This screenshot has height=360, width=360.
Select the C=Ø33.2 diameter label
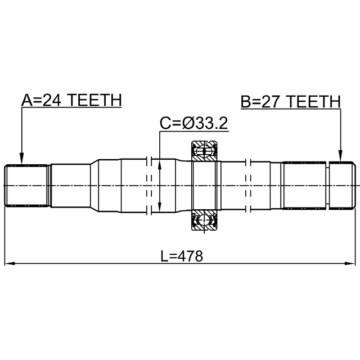click(x=193, y=123)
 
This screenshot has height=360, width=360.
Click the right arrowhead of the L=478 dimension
click(x=352, y=263)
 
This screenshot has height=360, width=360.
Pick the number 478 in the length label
click(x=190, y=256)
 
